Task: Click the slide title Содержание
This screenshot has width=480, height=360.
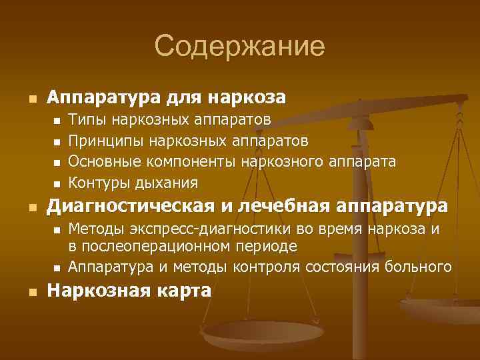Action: (239, 46)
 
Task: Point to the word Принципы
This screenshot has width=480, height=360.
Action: (107, 141)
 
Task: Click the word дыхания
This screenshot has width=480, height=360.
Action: (164, 182)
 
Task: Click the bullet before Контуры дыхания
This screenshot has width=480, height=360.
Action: (56, 183)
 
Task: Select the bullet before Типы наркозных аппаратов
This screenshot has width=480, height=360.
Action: (56, 121)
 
